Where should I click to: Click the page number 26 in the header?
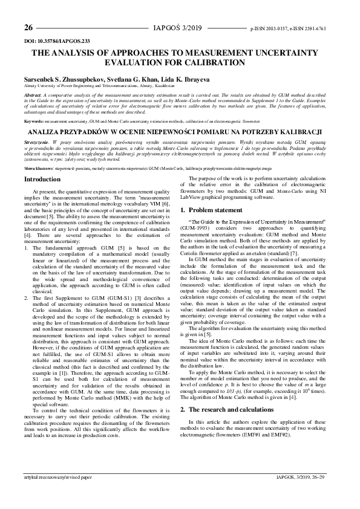[28, 28]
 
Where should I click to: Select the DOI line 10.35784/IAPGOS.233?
[56, 41]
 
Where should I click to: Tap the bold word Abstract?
[33, 96]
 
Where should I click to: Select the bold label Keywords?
[34, 122]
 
